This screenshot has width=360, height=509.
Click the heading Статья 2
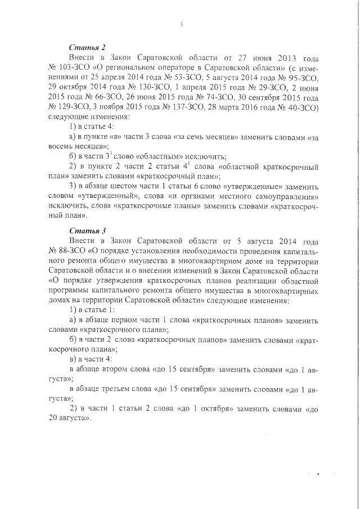tap(87, 48)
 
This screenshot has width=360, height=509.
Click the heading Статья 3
tap(87, 231)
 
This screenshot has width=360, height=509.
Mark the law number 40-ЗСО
tap(302, 109)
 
